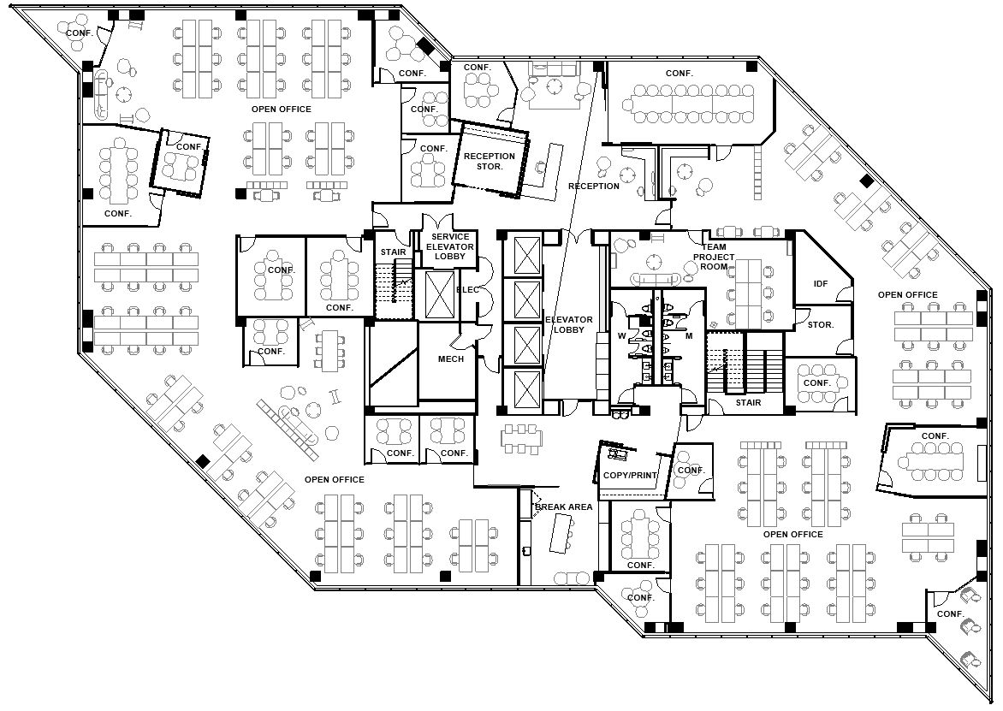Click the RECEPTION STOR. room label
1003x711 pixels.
490,161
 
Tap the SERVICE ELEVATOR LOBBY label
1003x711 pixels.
450,246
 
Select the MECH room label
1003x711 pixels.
451,358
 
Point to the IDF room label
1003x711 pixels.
821,283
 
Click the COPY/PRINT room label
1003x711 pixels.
630,475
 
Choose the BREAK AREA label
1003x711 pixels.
564,507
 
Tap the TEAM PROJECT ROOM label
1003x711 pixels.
714,257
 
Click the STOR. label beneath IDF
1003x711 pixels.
821,325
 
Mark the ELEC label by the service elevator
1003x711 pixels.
467,290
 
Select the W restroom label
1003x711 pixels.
622,335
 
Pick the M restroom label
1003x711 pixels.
689,335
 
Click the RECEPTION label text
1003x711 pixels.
594,186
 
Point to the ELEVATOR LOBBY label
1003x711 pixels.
568,325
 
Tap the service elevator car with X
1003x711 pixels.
439,295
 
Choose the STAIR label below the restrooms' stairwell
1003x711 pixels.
749,402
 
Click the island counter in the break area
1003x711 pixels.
561,533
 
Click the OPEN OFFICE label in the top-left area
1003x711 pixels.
282,110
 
